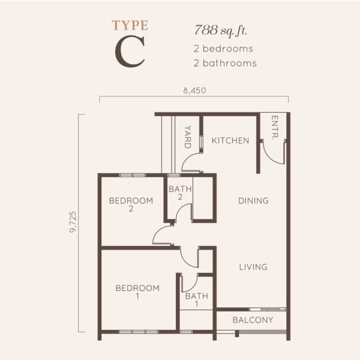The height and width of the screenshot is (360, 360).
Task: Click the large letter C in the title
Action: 130,52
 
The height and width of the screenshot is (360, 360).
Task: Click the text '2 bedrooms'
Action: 223,48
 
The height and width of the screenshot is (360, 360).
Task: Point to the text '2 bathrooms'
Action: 225,62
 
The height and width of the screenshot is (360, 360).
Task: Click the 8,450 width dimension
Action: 194,91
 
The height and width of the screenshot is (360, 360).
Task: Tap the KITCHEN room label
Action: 230,140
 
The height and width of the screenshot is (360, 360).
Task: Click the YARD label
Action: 187,137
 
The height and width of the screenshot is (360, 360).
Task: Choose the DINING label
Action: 253,200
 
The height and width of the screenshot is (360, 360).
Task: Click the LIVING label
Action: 253,267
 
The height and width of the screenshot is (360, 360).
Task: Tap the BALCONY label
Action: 253,320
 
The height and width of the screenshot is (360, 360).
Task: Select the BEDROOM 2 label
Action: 131,204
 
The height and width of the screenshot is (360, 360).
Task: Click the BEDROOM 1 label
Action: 137,292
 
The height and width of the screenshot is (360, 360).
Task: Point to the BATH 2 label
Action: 180,193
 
